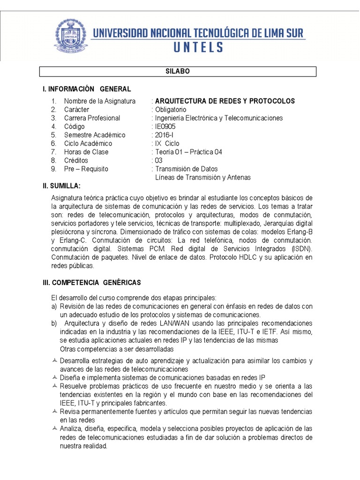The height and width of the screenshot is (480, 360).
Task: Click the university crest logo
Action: (71, 36)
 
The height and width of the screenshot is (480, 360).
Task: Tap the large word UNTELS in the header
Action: (199, 47)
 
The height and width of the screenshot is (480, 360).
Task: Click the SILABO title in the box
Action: (177, 71)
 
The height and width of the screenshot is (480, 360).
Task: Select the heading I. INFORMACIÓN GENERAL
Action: (87, 89)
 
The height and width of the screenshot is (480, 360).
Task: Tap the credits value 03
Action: (158, 160)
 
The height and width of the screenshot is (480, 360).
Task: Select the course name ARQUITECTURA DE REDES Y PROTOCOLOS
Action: (225, 101)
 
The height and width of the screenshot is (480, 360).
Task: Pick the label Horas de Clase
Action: (86, 152)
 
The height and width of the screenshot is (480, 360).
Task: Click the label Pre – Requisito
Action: (86, 169)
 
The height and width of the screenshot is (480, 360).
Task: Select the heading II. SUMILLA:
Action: (61, 186)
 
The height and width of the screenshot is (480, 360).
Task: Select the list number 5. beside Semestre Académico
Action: (54, 135)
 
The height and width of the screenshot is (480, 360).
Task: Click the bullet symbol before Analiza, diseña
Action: (55, 429)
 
